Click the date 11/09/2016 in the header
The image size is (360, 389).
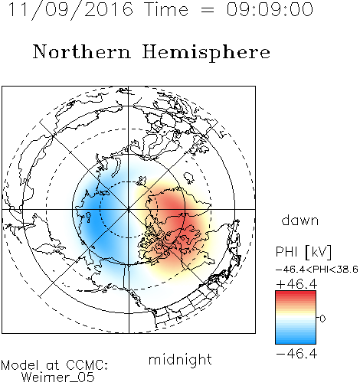(x=70, y=10)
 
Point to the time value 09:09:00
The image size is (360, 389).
(x=270, y=9)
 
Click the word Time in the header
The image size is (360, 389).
(x=166, y=9)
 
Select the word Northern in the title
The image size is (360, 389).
(x=82, y=51)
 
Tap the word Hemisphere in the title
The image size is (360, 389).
(x=206, y=53)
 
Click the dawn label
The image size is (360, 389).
(x=300, y=220)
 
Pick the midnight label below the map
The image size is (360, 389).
(x=180, y=359)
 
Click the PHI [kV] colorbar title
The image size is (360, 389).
(x=303, y=252)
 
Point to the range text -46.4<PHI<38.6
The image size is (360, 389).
(x=317, y=270)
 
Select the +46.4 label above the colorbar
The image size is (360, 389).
(x=296, y=284)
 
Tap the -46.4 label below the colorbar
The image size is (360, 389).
(x=296, y=354)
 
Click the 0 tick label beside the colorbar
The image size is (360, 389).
(x=322, y=319)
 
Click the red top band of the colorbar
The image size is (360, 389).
(x=296, y=295)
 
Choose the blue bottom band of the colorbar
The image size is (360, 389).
(x=296, y=340)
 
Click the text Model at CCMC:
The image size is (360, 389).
(x=54, y=365)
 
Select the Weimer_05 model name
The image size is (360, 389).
(x=58, y=377)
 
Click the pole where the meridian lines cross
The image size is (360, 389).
(x=129, y=209)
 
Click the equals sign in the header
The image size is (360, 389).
(x=208, y=11)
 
